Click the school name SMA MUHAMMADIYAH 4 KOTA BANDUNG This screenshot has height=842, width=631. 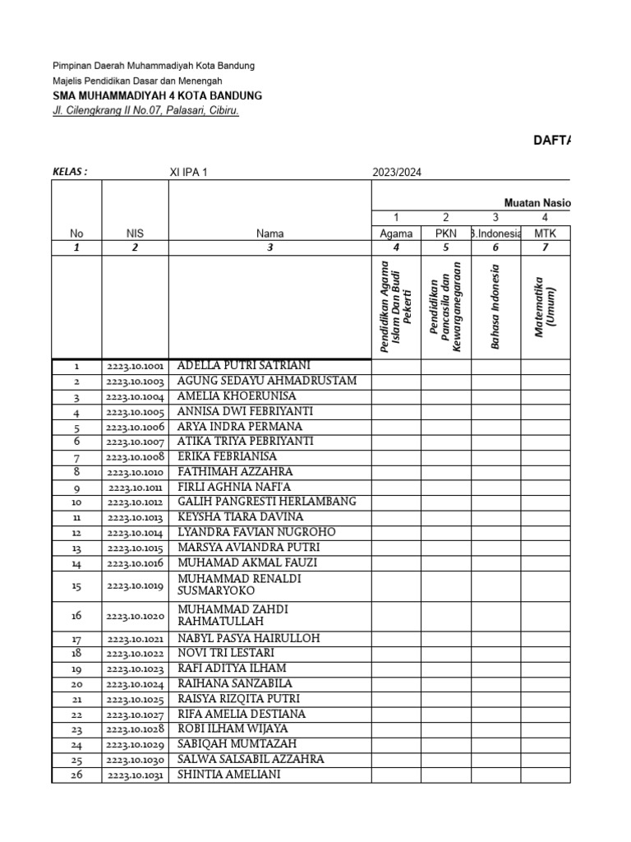(157, 95)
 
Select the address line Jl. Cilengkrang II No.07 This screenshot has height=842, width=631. (145, 111)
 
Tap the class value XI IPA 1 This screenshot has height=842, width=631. (189, 172)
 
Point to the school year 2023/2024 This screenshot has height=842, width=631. (398, 172)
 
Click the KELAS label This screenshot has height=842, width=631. (70, 172)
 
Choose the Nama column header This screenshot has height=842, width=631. (269, 234)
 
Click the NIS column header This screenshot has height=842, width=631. (135, 234)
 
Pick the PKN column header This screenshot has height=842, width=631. (445, 234)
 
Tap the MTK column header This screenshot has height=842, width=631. (545, 234)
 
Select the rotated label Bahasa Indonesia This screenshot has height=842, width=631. (495, 307)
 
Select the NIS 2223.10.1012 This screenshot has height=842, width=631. (135, 502)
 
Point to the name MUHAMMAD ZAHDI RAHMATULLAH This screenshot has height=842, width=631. (233, 616)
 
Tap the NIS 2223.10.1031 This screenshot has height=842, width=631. (135, 775)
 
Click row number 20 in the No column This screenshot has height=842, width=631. (76, 684)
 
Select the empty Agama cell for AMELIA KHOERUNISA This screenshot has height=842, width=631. (396, 396)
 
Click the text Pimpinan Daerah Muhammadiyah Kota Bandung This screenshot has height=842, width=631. (154, 65)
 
